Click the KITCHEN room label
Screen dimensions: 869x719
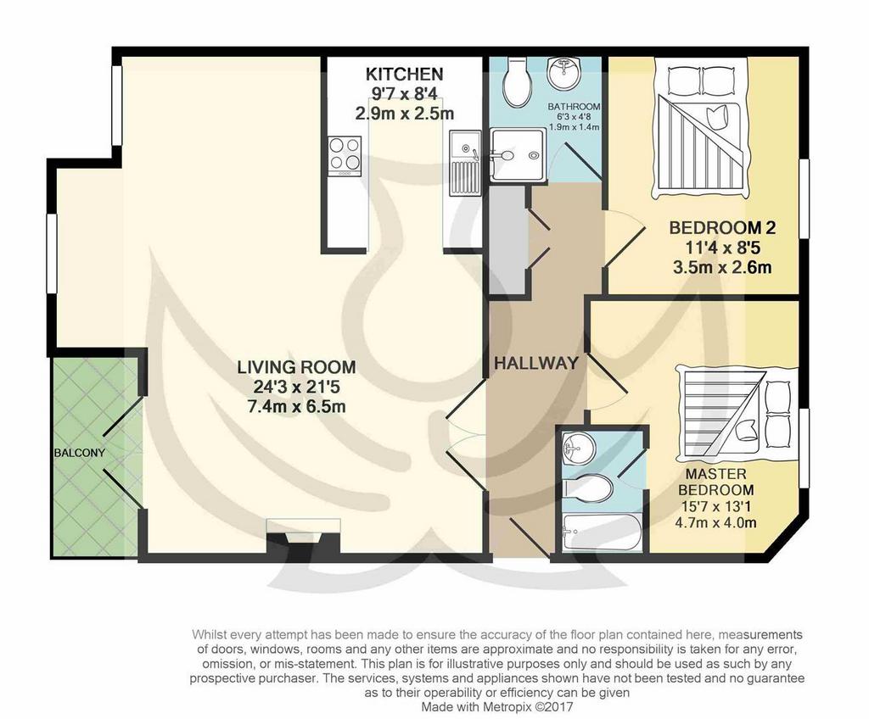click(x=405, y=74)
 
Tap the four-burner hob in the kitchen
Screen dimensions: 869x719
click(x=345, y=155)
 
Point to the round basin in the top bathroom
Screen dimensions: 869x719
click(x=563, y=73)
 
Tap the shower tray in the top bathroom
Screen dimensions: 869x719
click(x=517, y=154)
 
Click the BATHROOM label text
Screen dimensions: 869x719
click(x=575, y=106)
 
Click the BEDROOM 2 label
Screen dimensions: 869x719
click(x=722, y=228)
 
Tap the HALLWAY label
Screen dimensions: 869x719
click(x=536, y=364)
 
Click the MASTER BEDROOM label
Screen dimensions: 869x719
click(x=716, y=482)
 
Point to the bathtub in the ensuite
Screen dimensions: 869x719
click(x=602, y=532)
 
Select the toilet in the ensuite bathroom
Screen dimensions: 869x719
click(x=587, y=488)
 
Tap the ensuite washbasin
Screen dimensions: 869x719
click(x=577, y=447)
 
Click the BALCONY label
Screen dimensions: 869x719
click(x=79, y=453)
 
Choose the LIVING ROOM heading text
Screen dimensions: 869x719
click(x=296, y=367)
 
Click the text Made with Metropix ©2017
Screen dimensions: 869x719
click(x=497, y=707)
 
